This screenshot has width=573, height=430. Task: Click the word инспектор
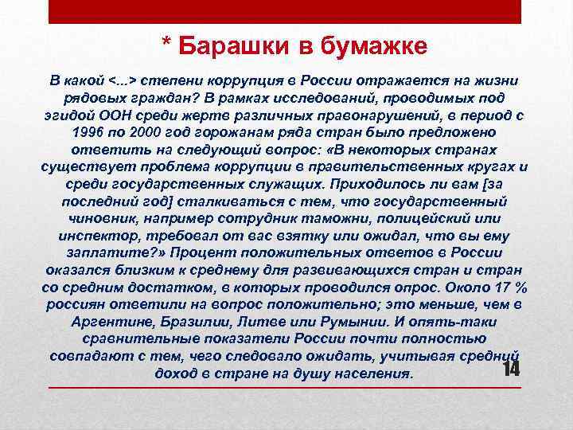(94, 236)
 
